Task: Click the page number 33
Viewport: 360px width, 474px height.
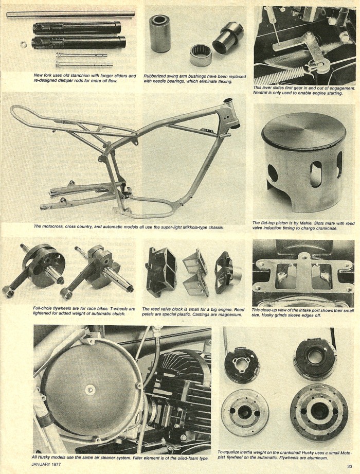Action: click(349, 466)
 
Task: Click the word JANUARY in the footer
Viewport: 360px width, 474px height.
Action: click(41, 464)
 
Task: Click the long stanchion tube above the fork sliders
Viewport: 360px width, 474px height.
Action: click(70, 14)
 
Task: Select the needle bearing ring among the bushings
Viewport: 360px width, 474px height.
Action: click(201, 55)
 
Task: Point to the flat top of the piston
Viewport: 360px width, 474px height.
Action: click(303, 131)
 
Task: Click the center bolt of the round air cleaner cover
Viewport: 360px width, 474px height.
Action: click(89, 390)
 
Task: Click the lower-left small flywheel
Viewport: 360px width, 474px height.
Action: click(245, 413)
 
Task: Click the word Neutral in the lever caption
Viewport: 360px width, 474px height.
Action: click(260, 93)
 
